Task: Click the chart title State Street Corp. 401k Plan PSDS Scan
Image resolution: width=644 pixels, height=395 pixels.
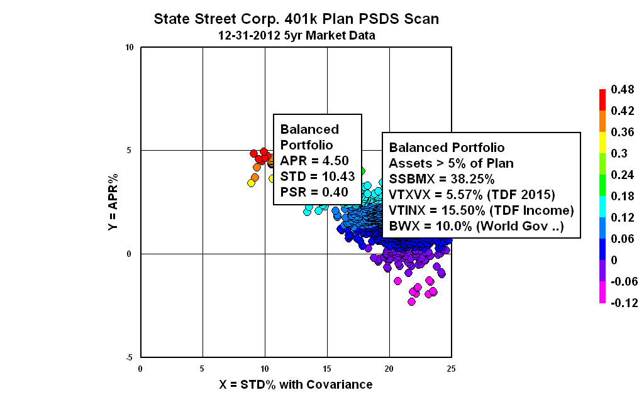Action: tap(296, 19)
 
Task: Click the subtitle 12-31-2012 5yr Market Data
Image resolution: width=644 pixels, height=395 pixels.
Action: tap(296, 36)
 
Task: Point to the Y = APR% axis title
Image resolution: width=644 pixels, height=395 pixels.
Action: tap(113, 202)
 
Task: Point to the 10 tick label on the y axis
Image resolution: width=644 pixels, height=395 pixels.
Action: tap(130, 48)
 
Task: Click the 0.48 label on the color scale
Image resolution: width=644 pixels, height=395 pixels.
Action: tap(621, 90)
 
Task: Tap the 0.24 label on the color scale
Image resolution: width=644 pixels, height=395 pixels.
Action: tap(621, 175)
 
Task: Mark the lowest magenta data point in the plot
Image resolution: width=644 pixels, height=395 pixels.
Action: tap(411, 301)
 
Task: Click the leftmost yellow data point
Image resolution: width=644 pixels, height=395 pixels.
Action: tap(251, 183)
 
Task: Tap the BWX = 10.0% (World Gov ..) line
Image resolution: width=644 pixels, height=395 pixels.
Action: tap(476, 225)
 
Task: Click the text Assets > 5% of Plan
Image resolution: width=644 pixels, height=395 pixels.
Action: tap(451, 163)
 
